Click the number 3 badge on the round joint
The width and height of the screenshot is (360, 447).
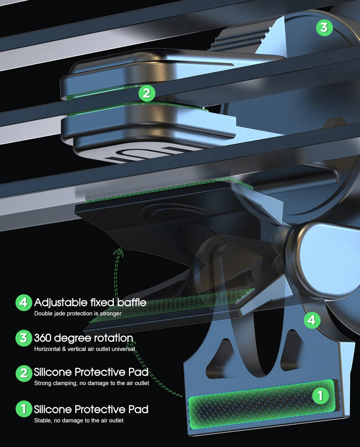[x=324, y=27]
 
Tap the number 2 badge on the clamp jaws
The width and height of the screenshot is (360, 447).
[x=147, y=93]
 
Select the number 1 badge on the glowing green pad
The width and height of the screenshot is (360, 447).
[x=320, y=396]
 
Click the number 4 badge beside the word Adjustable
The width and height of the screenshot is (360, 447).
[x=24, y=302]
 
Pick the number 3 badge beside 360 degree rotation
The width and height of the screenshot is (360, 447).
[x=24, y=338]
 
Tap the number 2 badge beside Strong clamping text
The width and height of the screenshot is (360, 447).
[x=24, y=373]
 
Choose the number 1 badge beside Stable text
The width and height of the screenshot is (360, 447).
[x=24, y=409]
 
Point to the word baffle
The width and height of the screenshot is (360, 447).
[x=132, y=302]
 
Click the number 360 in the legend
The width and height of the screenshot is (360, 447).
[x=43, y=338]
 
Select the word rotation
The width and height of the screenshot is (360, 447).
[x=113, y=338]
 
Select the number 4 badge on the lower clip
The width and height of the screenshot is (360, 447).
[x=312, y=320]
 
